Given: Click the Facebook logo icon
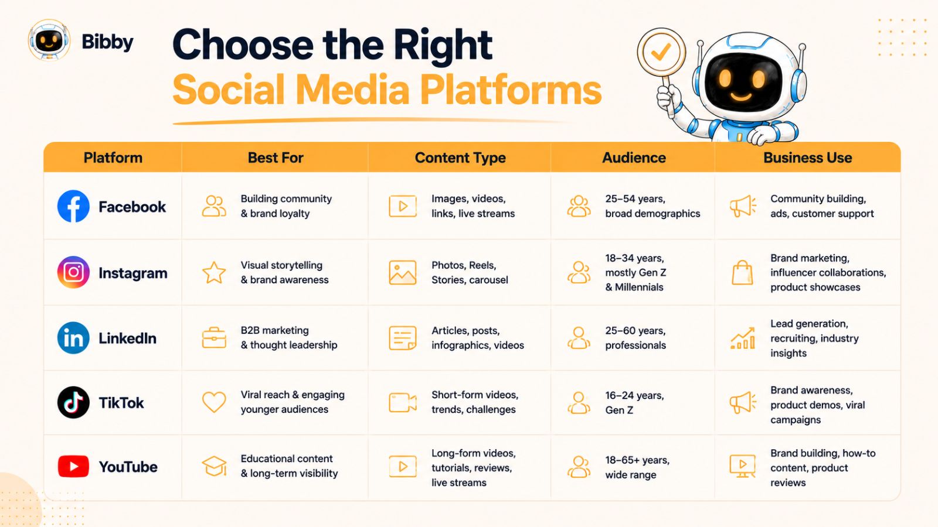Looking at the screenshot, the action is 73,206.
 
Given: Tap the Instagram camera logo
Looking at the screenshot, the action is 73,272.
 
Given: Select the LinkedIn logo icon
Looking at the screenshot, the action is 73,338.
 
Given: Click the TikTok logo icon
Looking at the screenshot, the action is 73,402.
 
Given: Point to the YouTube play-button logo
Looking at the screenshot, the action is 73,466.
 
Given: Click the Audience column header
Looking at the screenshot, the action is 634,158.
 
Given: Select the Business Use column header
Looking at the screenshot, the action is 808,158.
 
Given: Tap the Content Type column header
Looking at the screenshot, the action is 460,158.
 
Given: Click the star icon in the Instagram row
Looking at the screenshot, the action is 214,273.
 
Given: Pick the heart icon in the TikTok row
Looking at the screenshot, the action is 214,402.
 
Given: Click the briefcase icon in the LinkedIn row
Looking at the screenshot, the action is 214,338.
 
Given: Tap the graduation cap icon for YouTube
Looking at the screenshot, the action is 214,466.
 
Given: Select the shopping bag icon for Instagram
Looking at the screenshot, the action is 742,273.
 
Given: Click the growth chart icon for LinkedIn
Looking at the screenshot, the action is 743,338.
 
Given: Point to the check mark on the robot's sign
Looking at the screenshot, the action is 661,52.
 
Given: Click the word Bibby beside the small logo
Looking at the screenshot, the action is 108,42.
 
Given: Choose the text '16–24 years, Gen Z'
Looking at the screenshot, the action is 634,403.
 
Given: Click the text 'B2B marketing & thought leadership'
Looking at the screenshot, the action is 289,337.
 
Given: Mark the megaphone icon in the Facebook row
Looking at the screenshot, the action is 743,206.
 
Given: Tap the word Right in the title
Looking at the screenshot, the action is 443,46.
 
